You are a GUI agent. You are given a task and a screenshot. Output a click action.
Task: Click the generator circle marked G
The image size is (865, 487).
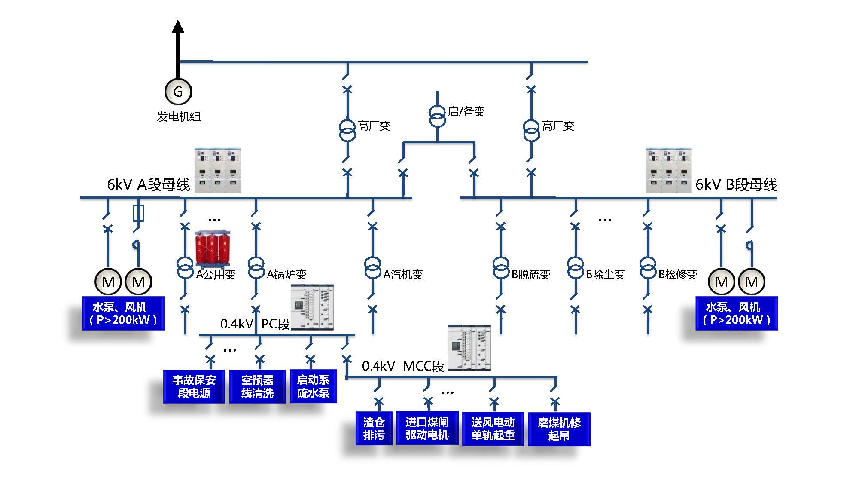pyautogui.click(x=178, y=91)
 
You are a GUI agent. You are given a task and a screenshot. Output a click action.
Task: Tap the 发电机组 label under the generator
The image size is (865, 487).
pyautogui.click(x=179, y=116)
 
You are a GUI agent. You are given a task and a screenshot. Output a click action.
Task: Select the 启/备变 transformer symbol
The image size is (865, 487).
pyautogui.click(x=437, y=116)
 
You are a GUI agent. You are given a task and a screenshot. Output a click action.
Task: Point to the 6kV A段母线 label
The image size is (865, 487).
pyautogui.click(x=148, y=185)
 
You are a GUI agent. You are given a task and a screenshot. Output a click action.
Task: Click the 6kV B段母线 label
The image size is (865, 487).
pyautogui.click(x=736, y=185)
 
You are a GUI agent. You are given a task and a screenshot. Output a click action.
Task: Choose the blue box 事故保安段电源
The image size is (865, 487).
pyautogui.click(x=194, y=386)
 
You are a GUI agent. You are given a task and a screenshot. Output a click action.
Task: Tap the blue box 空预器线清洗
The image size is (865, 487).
pyautogui.click(x=257, y=386)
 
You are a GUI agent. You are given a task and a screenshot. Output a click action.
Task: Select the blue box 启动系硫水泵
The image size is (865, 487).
pyautogui.click(x=313, y=386)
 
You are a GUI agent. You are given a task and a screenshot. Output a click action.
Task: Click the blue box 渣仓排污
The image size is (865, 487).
pyautogui.click(x=374, y=429)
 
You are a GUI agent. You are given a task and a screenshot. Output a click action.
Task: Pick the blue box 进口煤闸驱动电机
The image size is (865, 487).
pyautogui.click(x=427, y=428)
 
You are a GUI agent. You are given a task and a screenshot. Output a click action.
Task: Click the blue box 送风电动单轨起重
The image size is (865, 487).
pyautogui.click(x=493, y=429)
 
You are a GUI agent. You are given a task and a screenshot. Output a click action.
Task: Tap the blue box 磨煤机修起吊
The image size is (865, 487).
pyautogui.click(x=559, y=429)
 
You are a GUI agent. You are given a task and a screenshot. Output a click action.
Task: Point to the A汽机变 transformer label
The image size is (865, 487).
pyautogui.click(x=403, y=274)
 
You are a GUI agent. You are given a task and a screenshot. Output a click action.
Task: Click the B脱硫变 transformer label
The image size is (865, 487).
pyautogui.click(x=531, y=274)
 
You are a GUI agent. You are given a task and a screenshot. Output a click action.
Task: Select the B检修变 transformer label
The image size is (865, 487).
pyautogui.click(x=678, y=274)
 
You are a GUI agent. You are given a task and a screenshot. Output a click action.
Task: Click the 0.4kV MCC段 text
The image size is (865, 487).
pyautogui.click(x=403, y=366)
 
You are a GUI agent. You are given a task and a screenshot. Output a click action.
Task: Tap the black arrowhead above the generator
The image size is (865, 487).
pyautogui.click(x=178, y=27)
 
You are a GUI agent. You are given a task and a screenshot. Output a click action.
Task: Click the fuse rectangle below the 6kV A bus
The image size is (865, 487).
pyautogui.click(x=138, y=213)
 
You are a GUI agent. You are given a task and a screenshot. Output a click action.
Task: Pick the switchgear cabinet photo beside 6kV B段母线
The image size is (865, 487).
pyautogui.click(x=669, y=171)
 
